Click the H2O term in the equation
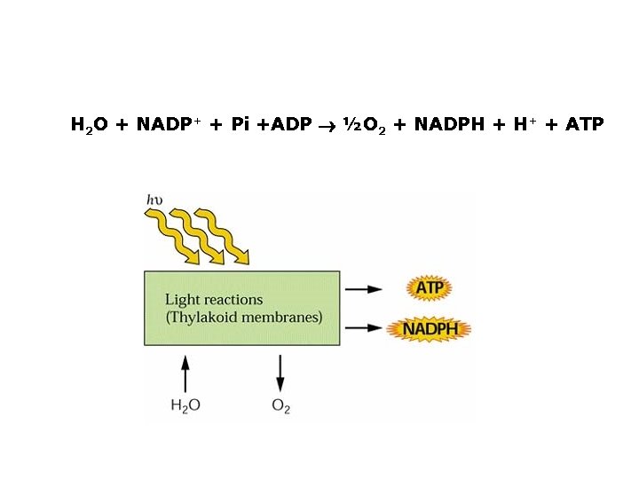(89, 124)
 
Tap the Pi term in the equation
(240, 124)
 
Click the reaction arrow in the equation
(327, 125)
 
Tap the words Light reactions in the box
(214, 300)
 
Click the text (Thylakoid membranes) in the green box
(243, 318)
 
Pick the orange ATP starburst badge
(430, 287)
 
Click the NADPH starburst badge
(430, 329)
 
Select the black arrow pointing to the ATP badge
(364, 288)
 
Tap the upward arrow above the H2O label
(185, 373)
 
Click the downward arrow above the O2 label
(280, 373)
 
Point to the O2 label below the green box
(280, 406)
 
